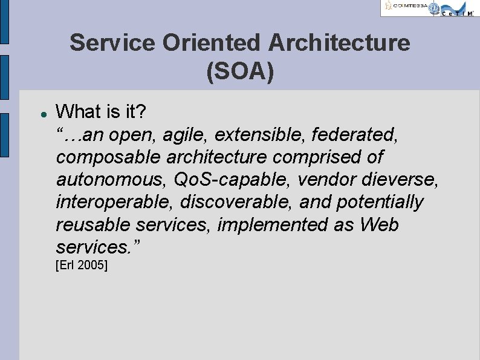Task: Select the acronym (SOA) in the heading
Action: tap(240, 71)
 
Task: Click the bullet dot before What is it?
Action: tap(37, 113)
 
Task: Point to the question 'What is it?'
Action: tap(101, 112)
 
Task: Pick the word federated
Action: tap(357, 134)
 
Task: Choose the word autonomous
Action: tap(111, 180)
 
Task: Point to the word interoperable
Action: tap(115, 202)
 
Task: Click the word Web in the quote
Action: tap(379, 224)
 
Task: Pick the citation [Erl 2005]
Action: tap(82, 265)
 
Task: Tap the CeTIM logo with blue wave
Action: tap(455, 8)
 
